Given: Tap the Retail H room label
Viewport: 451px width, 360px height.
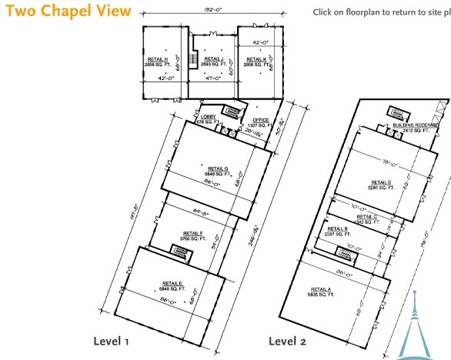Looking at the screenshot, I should click(157, 61).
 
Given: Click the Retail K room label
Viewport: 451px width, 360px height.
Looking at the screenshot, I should click(256, 62).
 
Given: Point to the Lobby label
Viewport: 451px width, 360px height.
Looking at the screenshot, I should click(208, 119).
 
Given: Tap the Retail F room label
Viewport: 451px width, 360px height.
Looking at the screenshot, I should click(193, 235).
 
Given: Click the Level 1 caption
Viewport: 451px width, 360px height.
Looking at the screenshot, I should click(112, 341).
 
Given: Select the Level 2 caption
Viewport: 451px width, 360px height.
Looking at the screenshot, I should click(287, 341).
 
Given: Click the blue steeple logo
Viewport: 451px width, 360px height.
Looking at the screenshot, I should click(416, 327).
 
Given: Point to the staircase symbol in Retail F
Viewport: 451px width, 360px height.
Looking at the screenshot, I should click(182, 249).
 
